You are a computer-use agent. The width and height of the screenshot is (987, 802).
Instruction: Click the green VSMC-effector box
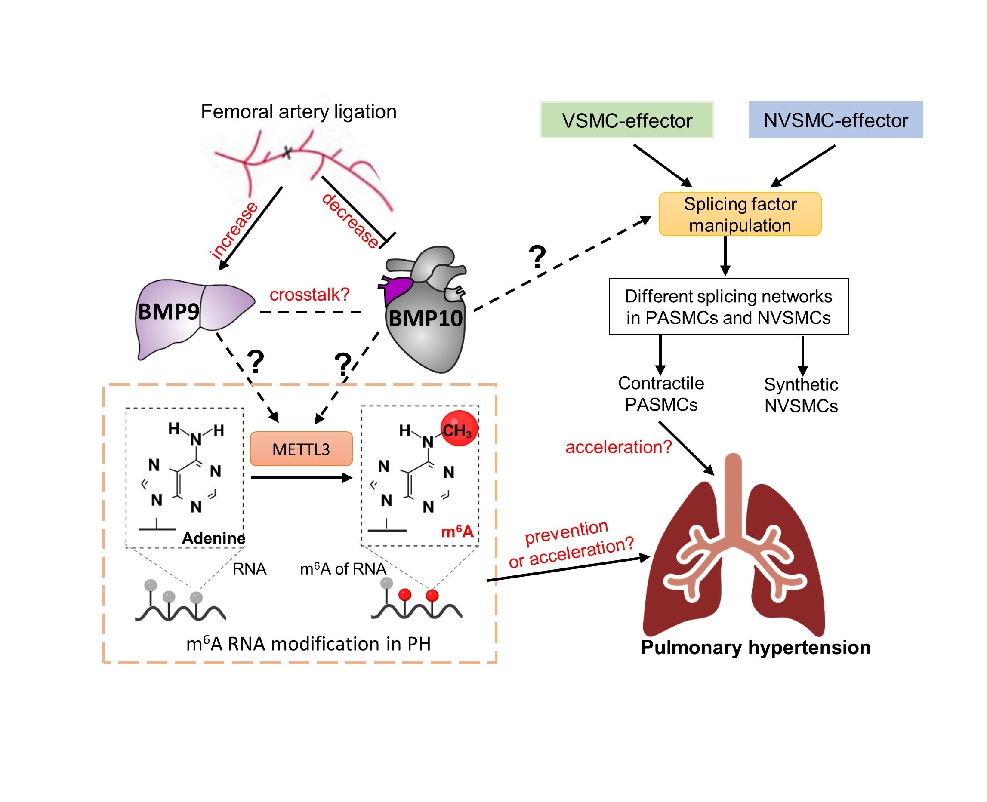(626, 120)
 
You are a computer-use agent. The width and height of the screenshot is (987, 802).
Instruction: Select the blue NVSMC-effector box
(836, 120)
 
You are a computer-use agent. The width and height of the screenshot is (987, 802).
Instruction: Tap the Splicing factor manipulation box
(740, 214)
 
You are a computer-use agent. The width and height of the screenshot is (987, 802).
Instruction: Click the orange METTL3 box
(301, 449)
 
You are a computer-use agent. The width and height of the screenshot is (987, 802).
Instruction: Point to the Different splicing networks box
(728, 306)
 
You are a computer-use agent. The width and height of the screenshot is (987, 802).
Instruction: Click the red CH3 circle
(459, 429)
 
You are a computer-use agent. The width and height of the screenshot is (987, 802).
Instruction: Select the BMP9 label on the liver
(169, 311)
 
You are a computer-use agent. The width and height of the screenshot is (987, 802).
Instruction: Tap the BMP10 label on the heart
(426, 318)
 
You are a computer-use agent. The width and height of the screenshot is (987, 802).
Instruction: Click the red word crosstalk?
(309, 294)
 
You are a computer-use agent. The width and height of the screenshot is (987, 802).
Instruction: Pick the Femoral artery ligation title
(299, 112)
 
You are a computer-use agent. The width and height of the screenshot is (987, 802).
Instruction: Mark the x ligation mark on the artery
(287, 151)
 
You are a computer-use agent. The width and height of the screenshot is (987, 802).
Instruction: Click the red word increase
(234, 230)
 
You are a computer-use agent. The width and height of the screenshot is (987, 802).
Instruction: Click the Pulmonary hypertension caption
(756, 647)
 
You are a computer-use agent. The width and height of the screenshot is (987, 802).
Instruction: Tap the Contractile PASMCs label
(661, 393)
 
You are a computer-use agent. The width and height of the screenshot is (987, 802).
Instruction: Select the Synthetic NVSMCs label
(801, 395)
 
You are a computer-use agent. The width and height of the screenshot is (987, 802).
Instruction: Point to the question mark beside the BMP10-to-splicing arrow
(537, 257)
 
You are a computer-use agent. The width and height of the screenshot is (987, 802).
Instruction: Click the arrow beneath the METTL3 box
(302, 478)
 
